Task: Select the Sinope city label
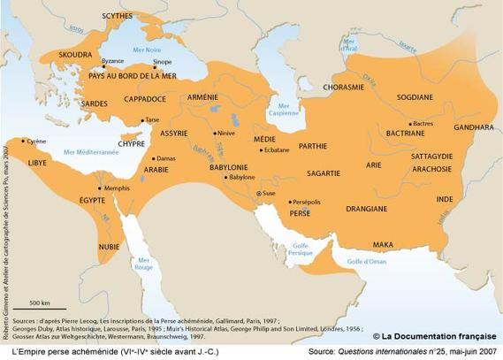click(x=162, y=63)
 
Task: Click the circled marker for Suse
click(x=258, y=193)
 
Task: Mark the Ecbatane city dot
click(x=260, y=150)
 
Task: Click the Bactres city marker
click(x=409, y=124)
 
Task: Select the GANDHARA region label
click(x=472, y=127)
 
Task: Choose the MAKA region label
click(x=383, y=244)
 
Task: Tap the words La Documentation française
click(x=439, y=335)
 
